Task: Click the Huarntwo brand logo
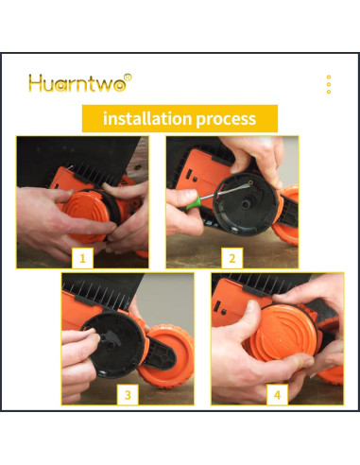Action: point(80,83)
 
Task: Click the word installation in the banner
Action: point(147,118)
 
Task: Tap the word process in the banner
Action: point(226,119)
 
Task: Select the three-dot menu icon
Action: point(329,84)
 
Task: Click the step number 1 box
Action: point(82,258)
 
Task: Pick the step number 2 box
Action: point(232,258)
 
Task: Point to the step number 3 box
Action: point(128,395)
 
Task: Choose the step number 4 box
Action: point(277,395)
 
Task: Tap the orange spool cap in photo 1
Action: point(86,214)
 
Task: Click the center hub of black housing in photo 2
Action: point(245,203)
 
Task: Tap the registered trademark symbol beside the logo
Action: point(128,77)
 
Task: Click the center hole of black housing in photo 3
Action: point(111,345)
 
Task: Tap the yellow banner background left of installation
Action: point(93,118)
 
